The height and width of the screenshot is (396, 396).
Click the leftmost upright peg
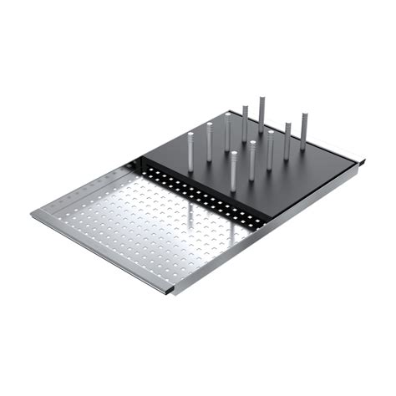coord(190,150)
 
